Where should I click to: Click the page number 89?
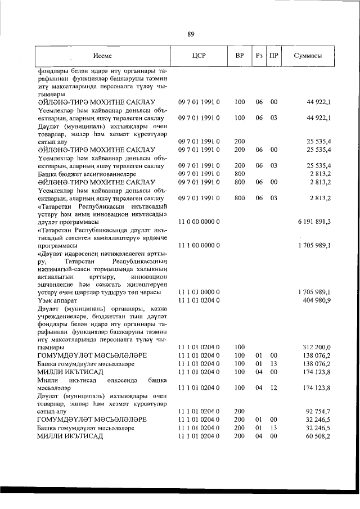[191, 34]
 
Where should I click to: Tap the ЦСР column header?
[199, 56]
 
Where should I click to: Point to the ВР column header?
[240, 56]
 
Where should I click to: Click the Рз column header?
[259, 56]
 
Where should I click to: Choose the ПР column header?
[274, 56]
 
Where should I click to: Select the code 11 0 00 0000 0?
[199, 222]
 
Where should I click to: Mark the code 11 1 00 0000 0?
[199, 245]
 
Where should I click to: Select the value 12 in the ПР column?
[274, 388]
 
